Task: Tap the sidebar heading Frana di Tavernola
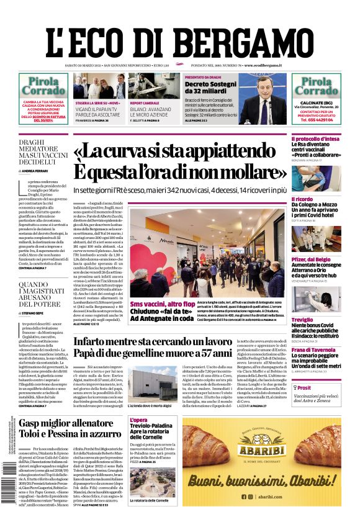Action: click(x=315, y=349)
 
